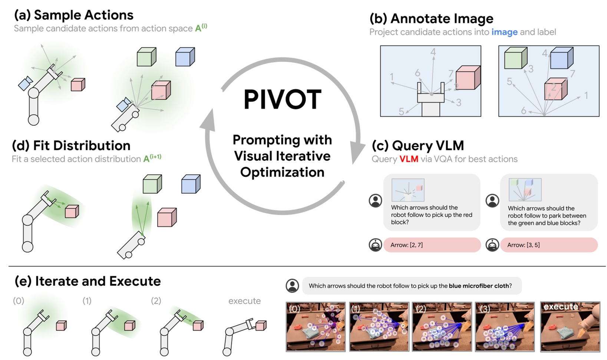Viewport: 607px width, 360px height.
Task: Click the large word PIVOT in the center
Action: coord(282,100)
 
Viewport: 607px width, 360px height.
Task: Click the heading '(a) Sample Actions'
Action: coord(73,15)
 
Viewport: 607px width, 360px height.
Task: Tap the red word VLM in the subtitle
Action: coord(409,159)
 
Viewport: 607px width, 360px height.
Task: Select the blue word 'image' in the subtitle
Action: coord(504,32)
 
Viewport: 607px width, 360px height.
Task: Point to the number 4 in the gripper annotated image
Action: coord(433,52)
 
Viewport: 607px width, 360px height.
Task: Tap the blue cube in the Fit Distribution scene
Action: coord(191,184)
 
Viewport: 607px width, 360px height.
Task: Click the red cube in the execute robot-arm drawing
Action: coord(261,325)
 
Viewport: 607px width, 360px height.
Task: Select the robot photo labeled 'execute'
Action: coord(570,326)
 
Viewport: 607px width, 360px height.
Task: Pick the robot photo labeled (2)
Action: coord(442,326)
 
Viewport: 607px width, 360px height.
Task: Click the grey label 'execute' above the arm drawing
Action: coord(244,301)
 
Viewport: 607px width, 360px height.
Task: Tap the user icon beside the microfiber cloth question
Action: coord(293,285)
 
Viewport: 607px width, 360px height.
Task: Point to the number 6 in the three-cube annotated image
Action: coord(524,110)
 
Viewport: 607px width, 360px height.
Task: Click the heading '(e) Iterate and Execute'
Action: coord(88,281)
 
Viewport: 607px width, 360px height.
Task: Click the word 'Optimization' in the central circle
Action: coord(282,172)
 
